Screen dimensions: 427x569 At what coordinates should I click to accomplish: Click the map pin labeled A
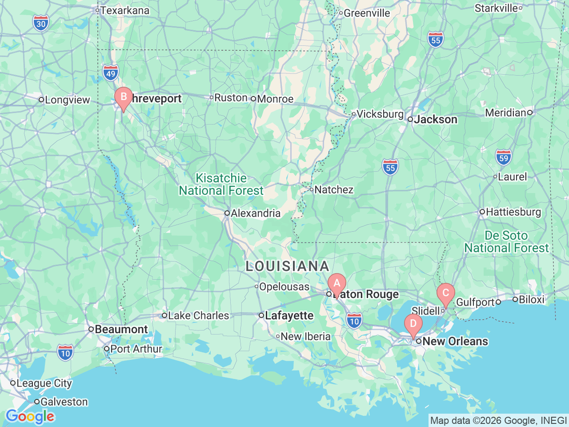click(x=337, y=283)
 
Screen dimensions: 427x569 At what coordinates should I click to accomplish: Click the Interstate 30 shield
click(x=41, y=24)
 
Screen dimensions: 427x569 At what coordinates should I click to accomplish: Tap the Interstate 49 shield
click(x=111, y=73)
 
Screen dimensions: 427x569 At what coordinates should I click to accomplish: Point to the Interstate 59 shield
click(x=503, y=157)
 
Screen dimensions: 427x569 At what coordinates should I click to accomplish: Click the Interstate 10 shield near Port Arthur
click(x=65, y=353)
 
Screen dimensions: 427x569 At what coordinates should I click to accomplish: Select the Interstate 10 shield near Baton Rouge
click(x=354, y=321)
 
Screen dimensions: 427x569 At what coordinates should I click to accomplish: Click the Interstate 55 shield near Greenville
click(x=436, y=40)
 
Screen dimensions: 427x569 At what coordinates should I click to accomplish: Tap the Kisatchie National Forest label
click(x=221, y=184)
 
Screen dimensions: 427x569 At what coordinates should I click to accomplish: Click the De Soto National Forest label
click(x=506, y=242)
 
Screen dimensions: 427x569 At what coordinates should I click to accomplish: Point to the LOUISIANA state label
click(x=287, y=266)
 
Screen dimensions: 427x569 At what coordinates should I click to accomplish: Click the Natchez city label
click(x=333, y=189)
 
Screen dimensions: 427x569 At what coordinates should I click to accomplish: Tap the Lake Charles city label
click(x=198, y=315)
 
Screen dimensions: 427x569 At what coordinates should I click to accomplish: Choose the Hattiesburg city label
click(x=513, y=212)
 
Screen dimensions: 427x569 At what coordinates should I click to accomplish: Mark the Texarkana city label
click(x=124, y=10)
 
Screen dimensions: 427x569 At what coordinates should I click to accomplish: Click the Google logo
click(x=30, y=417)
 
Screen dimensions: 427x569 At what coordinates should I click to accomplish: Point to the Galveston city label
click(x=64, y=402)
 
